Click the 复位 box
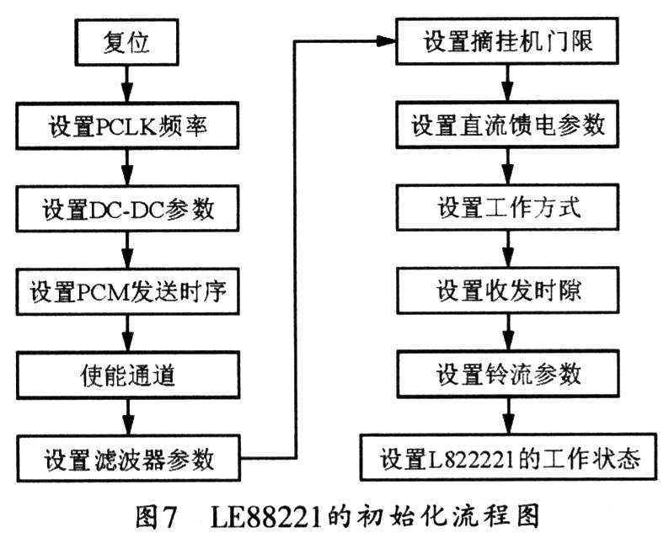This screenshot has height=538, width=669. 126,42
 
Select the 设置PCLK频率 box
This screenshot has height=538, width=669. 127,125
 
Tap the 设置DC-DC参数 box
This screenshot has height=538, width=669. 127,209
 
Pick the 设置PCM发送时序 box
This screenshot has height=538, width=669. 127,292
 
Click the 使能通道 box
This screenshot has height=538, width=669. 127,376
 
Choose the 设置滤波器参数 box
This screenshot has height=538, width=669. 128,459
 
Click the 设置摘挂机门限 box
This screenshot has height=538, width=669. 507,41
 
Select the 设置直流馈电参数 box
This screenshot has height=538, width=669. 507,125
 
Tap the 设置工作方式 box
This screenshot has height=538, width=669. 507,208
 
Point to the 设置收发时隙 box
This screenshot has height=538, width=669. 508,290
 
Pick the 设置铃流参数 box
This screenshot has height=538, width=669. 508,375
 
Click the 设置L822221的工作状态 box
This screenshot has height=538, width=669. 508,457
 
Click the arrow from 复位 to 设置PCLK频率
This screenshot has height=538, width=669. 126,84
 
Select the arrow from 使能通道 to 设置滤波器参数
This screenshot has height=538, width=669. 128,418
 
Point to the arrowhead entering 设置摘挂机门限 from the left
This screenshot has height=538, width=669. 386,41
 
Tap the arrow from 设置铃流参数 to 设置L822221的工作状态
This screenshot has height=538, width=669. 508,416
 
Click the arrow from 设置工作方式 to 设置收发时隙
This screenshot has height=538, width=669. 507,249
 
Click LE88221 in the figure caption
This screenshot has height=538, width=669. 265,517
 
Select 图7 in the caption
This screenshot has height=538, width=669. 156,517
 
